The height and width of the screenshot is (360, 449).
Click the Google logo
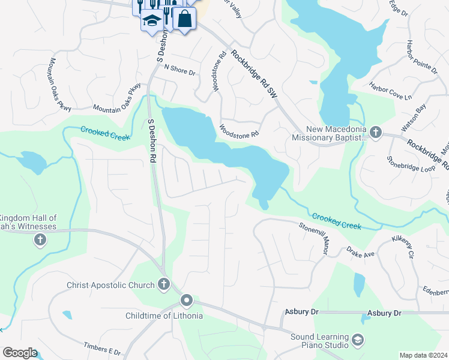point(20,353)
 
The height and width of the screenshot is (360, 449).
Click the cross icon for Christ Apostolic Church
point(164,285)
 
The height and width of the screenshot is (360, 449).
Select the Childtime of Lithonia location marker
point(187,301)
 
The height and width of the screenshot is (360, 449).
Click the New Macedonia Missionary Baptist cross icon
point(375,132)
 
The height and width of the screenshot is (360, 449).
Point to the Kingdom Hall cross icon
point(40,241)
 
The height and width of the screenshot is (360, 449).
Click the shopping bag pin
point(185,19)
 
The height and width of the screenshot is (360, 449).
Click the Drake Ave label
point(360,253)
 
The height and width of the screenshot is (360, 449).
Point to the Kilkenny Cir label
point(403,247)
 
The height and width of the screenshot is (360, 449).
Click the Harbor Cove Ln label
point(391,91)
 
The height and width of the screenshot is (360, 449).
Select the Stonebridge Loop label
point(411,166)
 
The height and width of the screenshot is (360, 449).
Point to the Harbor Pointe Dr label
point(422,57)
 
